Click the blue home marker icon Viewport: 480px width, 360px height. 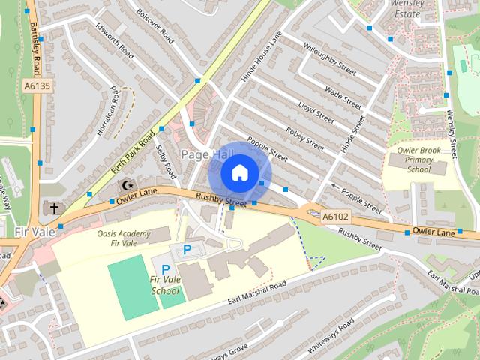tap(238, 172)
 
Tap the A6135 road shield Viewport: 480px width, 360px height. tap(43, 86)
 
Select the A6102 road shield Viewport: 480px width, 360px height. tap(335, 217)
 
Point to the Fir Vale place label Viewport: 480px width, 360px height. tap(34, 232)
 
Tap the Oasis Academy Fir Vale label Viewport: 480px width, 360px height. tap(124, 238)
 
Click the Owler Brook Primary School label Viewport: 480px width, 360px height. tap(419, 159)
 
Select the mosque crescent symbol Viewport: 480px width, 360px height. tap(128, 184)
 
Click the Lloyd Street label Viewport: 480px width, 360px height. tap(316, 112)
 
